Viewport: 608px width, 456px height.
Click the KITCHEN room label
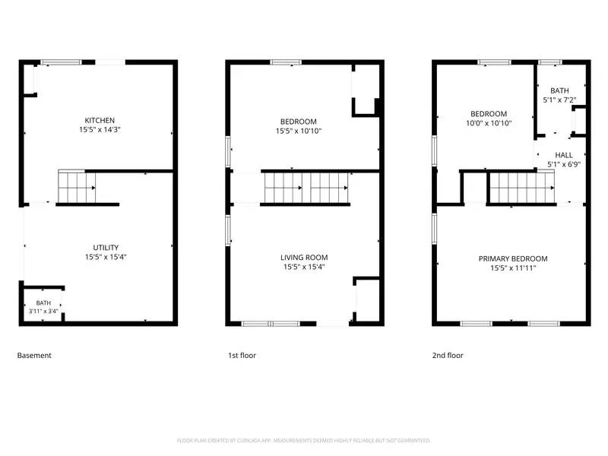coord(100,120)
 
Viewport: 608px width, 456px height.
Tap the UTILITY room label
coord(105,248)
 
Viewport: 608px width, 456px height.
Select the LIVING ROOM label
coord(304,258)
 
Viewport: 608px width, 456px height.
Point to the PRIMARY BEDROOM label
coord(512,258)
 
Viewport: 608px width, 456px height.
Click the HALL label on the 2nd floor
coord(563,154)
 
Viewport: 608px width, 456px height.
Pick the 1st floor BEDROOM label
coord(298,122)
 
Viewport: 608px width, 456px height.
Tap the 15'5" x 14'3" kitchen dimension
coord(100,130)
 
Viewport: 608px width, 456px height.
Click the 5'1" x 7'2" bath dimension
coord(559,100)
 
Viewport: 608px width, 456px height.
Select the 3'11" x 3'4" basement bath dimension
coord(43,311)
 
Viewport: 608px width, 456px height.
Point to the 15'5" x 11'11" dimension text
coord(512,268)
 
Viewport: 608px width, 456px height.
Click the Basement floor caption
coord(34,355)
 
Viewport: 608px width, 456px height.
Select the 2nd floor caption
coord(447,355)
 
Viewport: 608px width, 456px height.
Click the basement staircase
coord(76,186)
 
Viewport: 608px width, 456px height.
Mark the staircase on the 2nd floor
coord(521,187)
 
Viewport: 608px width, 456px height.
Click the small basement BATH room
coord(43,306)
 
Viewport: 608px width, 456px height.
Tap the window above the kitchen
coord(62,62)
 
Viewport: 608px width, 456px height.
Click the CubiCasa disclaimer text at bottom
coord(304,440)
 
